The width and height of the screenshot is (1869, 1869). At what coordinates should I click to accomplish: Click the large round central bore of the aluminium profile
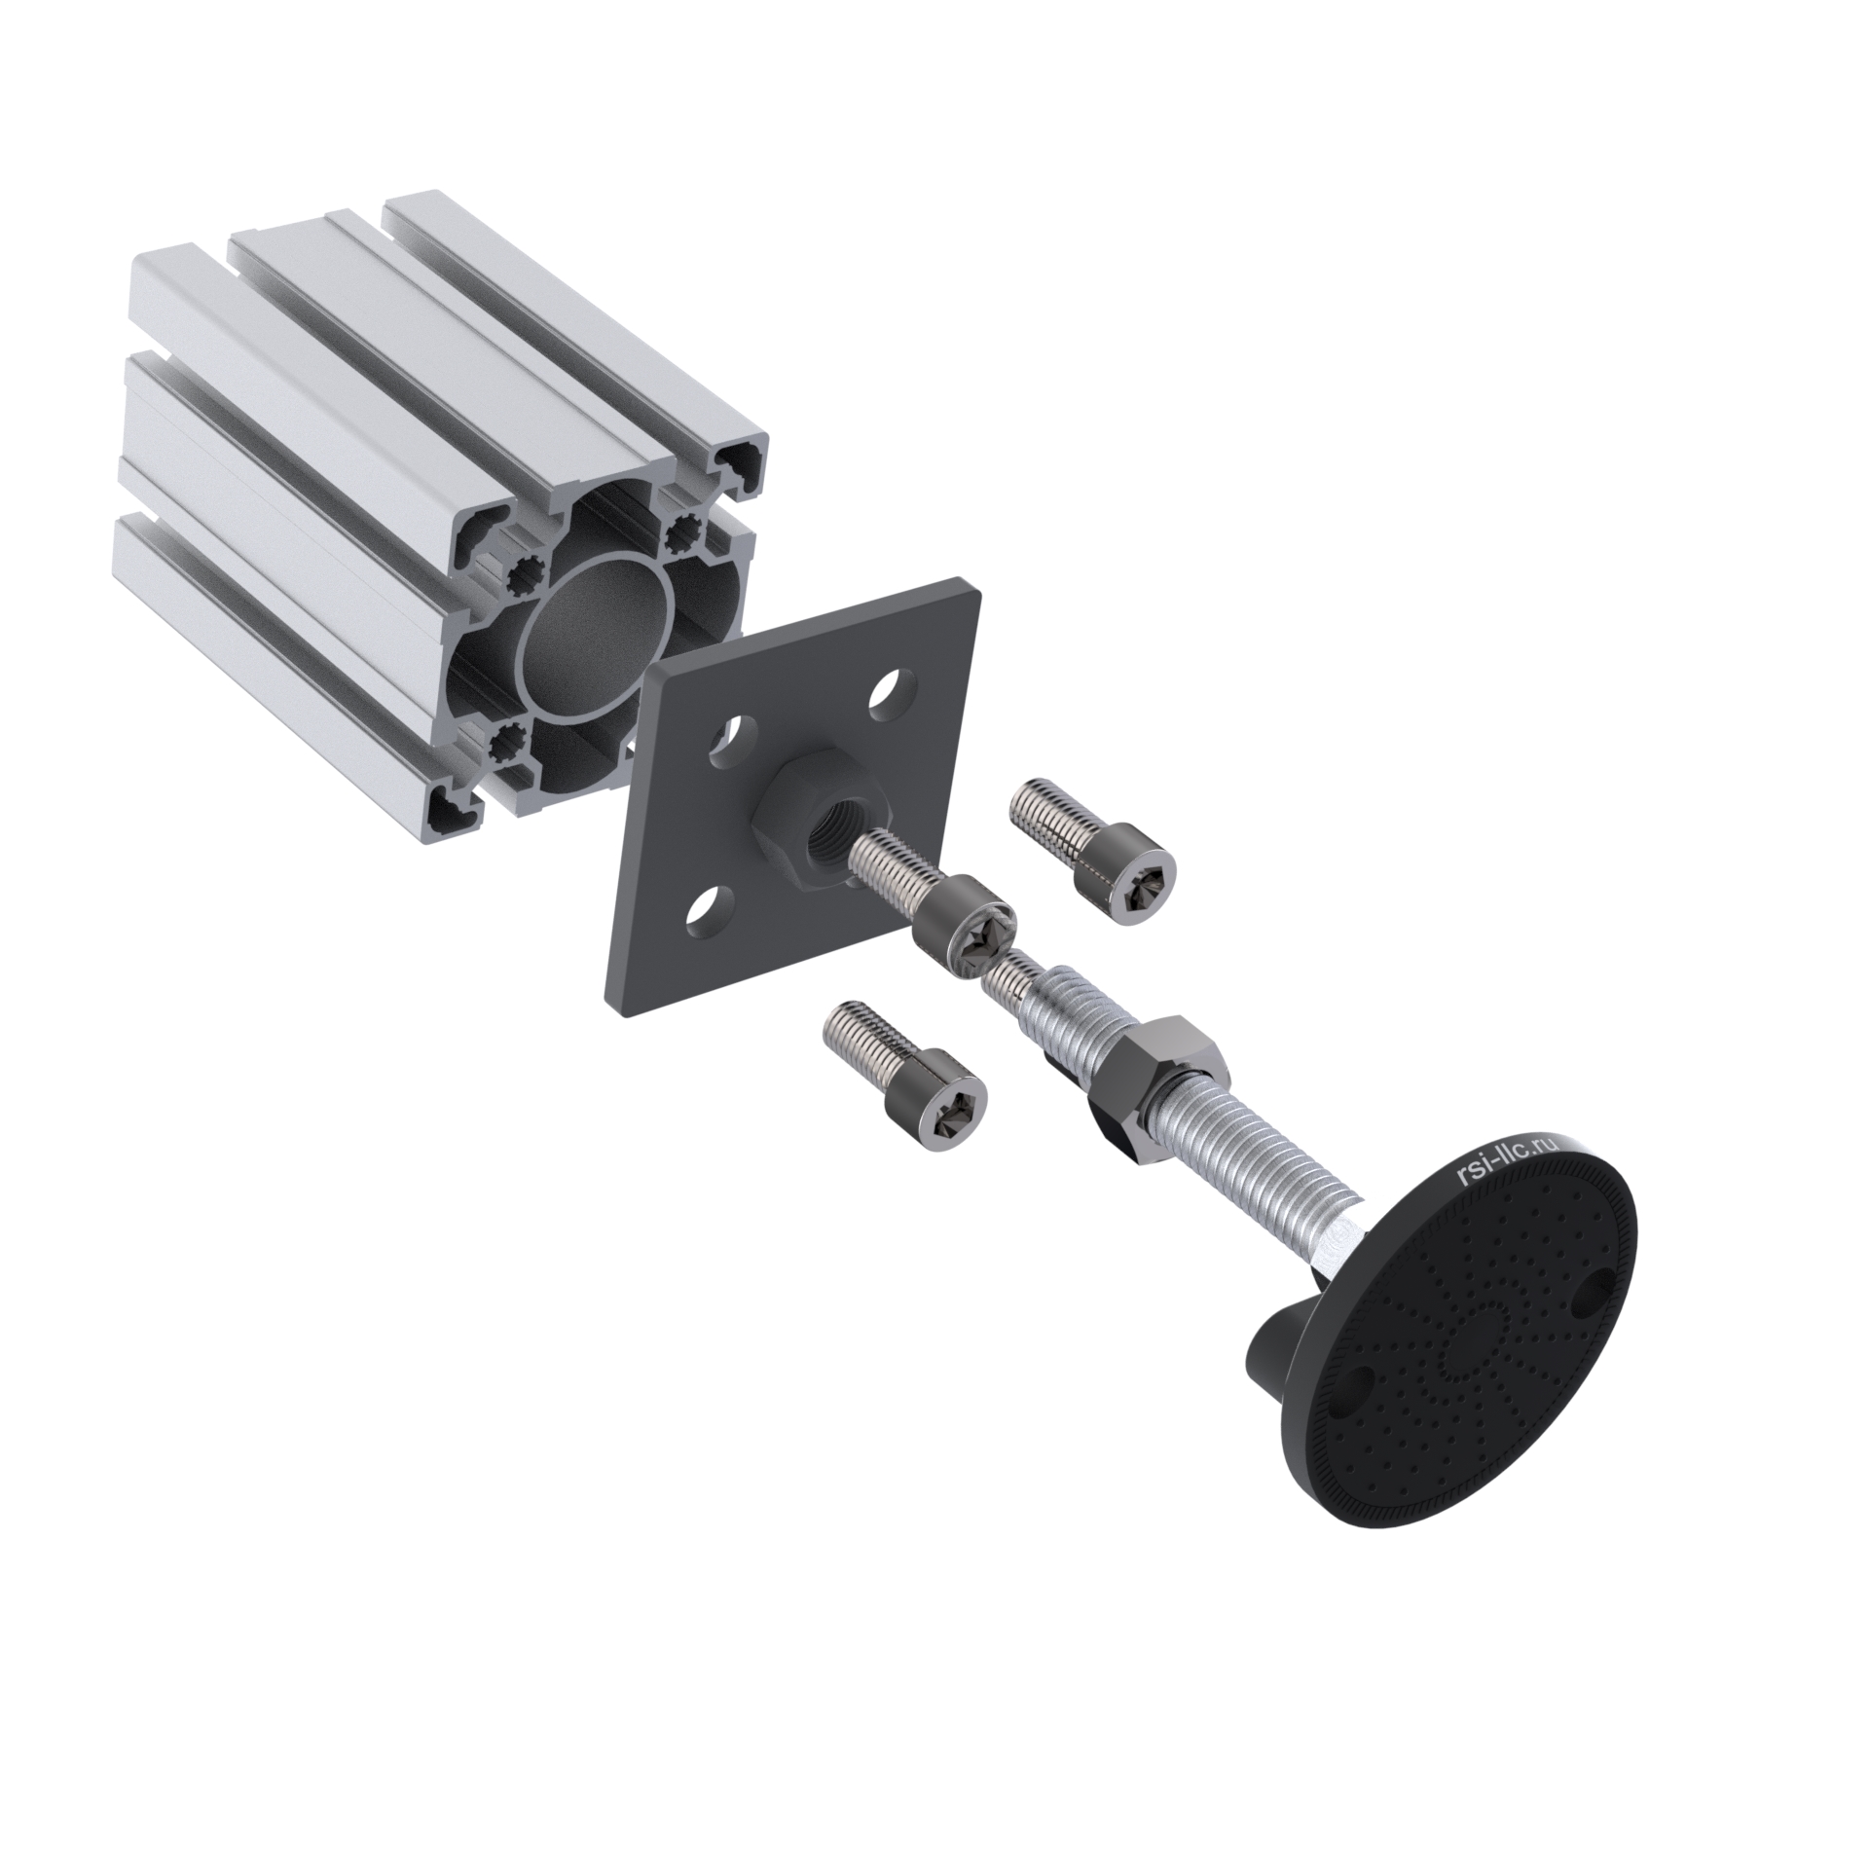(x=596, y=637)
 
